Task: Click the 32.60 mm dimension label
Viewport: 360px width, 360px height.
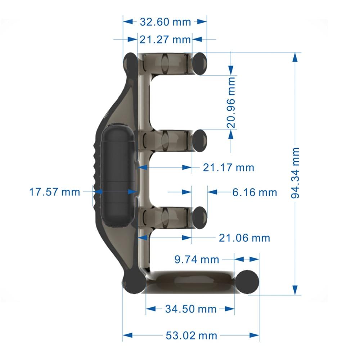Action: pos(165,22)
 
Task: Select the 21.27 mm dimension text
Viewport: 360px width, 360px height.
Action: pos(165,39)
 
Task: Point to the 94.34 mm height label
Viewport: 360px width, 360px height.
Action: pos(295,172)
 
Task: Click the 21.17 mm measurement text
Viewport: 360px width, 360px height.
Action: pos(228,167)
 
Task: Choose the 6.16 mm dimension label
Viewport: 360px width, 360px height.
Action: pos(255,192)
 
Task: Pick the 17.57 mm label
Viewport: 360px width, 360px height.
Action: pos(55,192)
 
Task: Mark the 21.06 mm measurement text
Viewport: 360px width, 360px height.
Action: pos(244,238)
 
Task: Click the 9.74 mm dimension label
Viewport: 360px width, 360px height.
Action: pos(197,259)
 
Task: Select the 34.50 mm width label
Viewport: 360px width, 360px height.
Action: pos(191,309)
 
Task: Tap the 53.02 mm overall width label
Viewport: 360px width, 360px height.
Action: pos(191,336)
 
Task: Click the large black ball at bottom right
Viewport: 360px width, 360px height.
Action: pos(248,281)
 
